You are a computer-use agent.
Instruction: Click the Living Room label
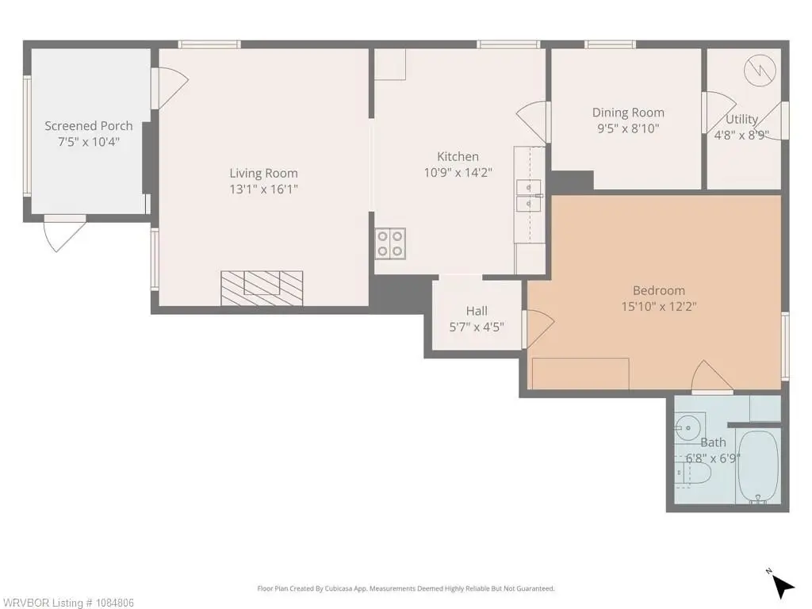263,174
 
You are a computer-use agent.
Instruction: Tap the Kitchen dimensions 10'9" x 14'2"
458,172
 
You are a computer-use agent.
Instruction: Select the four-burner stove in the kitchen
390,243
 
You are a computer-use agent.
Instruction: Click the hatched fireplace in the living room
262,288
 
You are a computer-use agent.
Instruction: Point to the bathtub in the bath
758,466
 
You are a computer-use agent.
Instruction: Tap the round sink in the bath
688,427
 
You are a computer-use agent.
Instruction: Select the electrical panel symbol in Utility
760,71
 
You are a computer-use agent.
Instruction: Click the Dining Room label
628,113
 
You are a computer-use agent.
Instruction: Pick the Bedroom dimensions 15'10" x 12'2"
659,306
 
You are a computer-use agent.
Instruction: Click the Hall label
477,311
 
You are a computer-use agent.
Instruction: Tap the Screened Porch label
89,126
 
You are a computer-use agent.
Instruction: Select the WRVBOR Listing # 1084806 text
67,603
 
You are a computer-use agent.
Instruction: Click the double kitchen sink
528,196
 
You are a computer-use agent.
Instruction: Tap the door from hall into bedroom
539,329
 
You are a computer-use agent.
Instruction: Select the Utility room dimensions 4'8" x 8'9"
741,135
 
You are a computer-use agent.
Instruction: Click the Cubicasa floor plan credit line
406,588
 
